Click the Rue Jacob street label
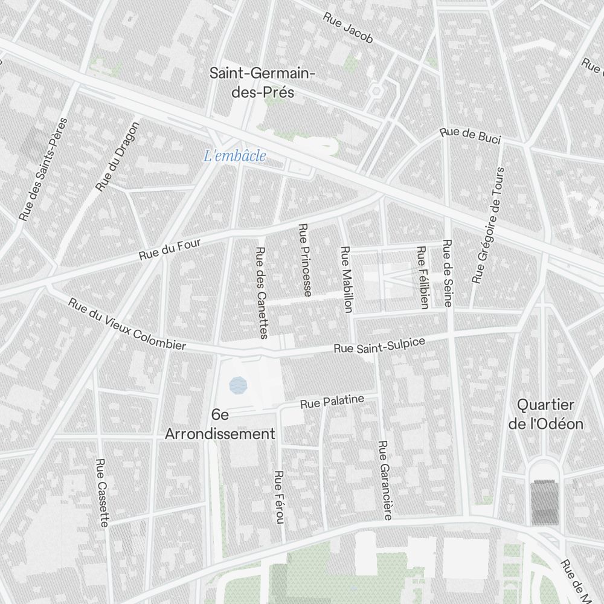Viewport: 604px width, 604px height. click(348, 28)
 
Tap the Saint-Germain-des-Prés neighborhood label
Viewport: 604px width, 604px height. click(262, 83)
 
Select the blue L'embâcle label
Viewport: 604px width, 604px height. click(234, 156)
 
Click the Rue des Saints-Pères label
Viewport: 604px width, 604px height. click(43, 169)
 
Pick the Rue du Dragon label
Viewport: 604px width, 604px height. click(118, 156)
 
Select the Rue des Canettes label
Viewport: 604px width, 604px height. click(262, 293)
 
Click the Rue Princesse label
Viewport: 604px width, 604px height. click(305, 260)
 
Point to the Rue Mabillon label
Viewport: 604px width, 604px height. click(346, 279)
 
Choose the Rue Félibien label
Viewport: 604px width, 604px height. click(422, 277)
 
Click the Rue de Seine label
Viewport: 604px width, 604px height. click(447, 273)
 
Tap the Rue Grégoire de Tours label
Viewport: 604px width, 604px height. click(489, 225)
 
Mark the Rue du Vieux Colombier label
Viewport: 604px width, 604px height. click(127, 324)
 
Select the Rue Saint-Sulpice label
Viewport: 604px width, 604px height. click(379, 345)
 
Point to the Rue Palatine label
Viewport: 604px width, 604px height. click(332, 401)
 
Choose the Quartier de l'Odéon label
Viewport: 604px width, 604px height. click(546, 414)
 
